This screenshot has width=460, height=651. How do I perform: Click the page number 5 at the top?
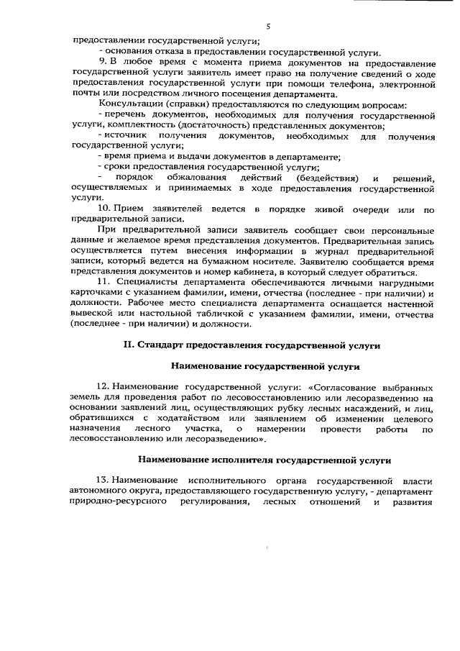click(267, 27)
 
